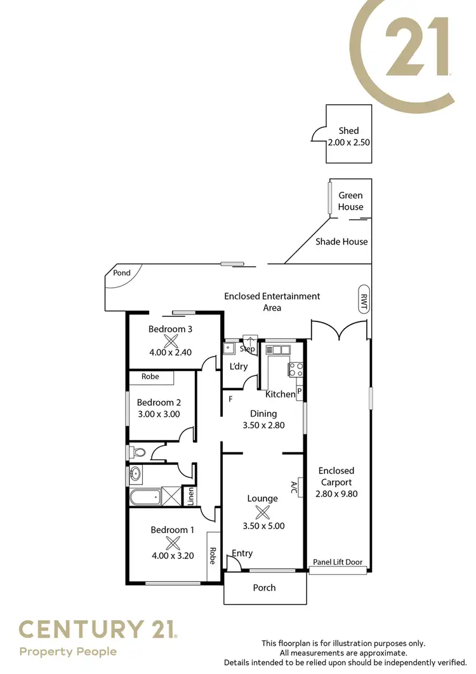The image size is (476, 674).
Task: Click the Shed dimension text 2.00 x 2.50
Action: (348, 143)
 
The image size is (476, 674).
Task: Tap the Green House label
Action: (350, 201)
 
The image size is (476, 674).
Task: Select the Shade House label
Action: (341, 241)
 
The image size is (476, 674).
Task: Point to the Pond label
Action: (122, 273)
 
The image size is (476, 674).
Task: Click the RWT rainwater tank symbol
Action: (364, 300)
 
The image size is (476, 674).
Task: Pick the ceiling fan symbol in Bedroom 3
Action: (170, 340)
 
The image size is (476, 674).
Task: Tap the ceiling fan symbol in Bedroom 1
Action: (172, 543)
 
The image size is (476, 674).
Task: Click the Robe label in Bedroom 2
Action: (150, 377)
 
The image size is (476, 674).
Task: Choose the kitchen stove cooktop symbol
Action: (296, 370)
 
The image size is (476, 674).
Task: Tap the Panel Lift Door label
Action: (338, 562)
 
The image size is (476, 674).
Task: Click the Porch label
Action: (264, 588)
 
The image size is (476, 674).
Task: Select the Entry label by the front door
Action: (242, 553)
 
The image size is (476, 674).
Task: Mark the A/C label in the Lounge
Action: (294, 488)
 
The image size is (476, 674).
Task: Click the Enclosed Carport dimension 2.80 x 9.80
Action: (336, 493)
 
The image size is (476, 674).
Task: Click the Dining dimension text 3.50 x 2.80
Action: (263, 426)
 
